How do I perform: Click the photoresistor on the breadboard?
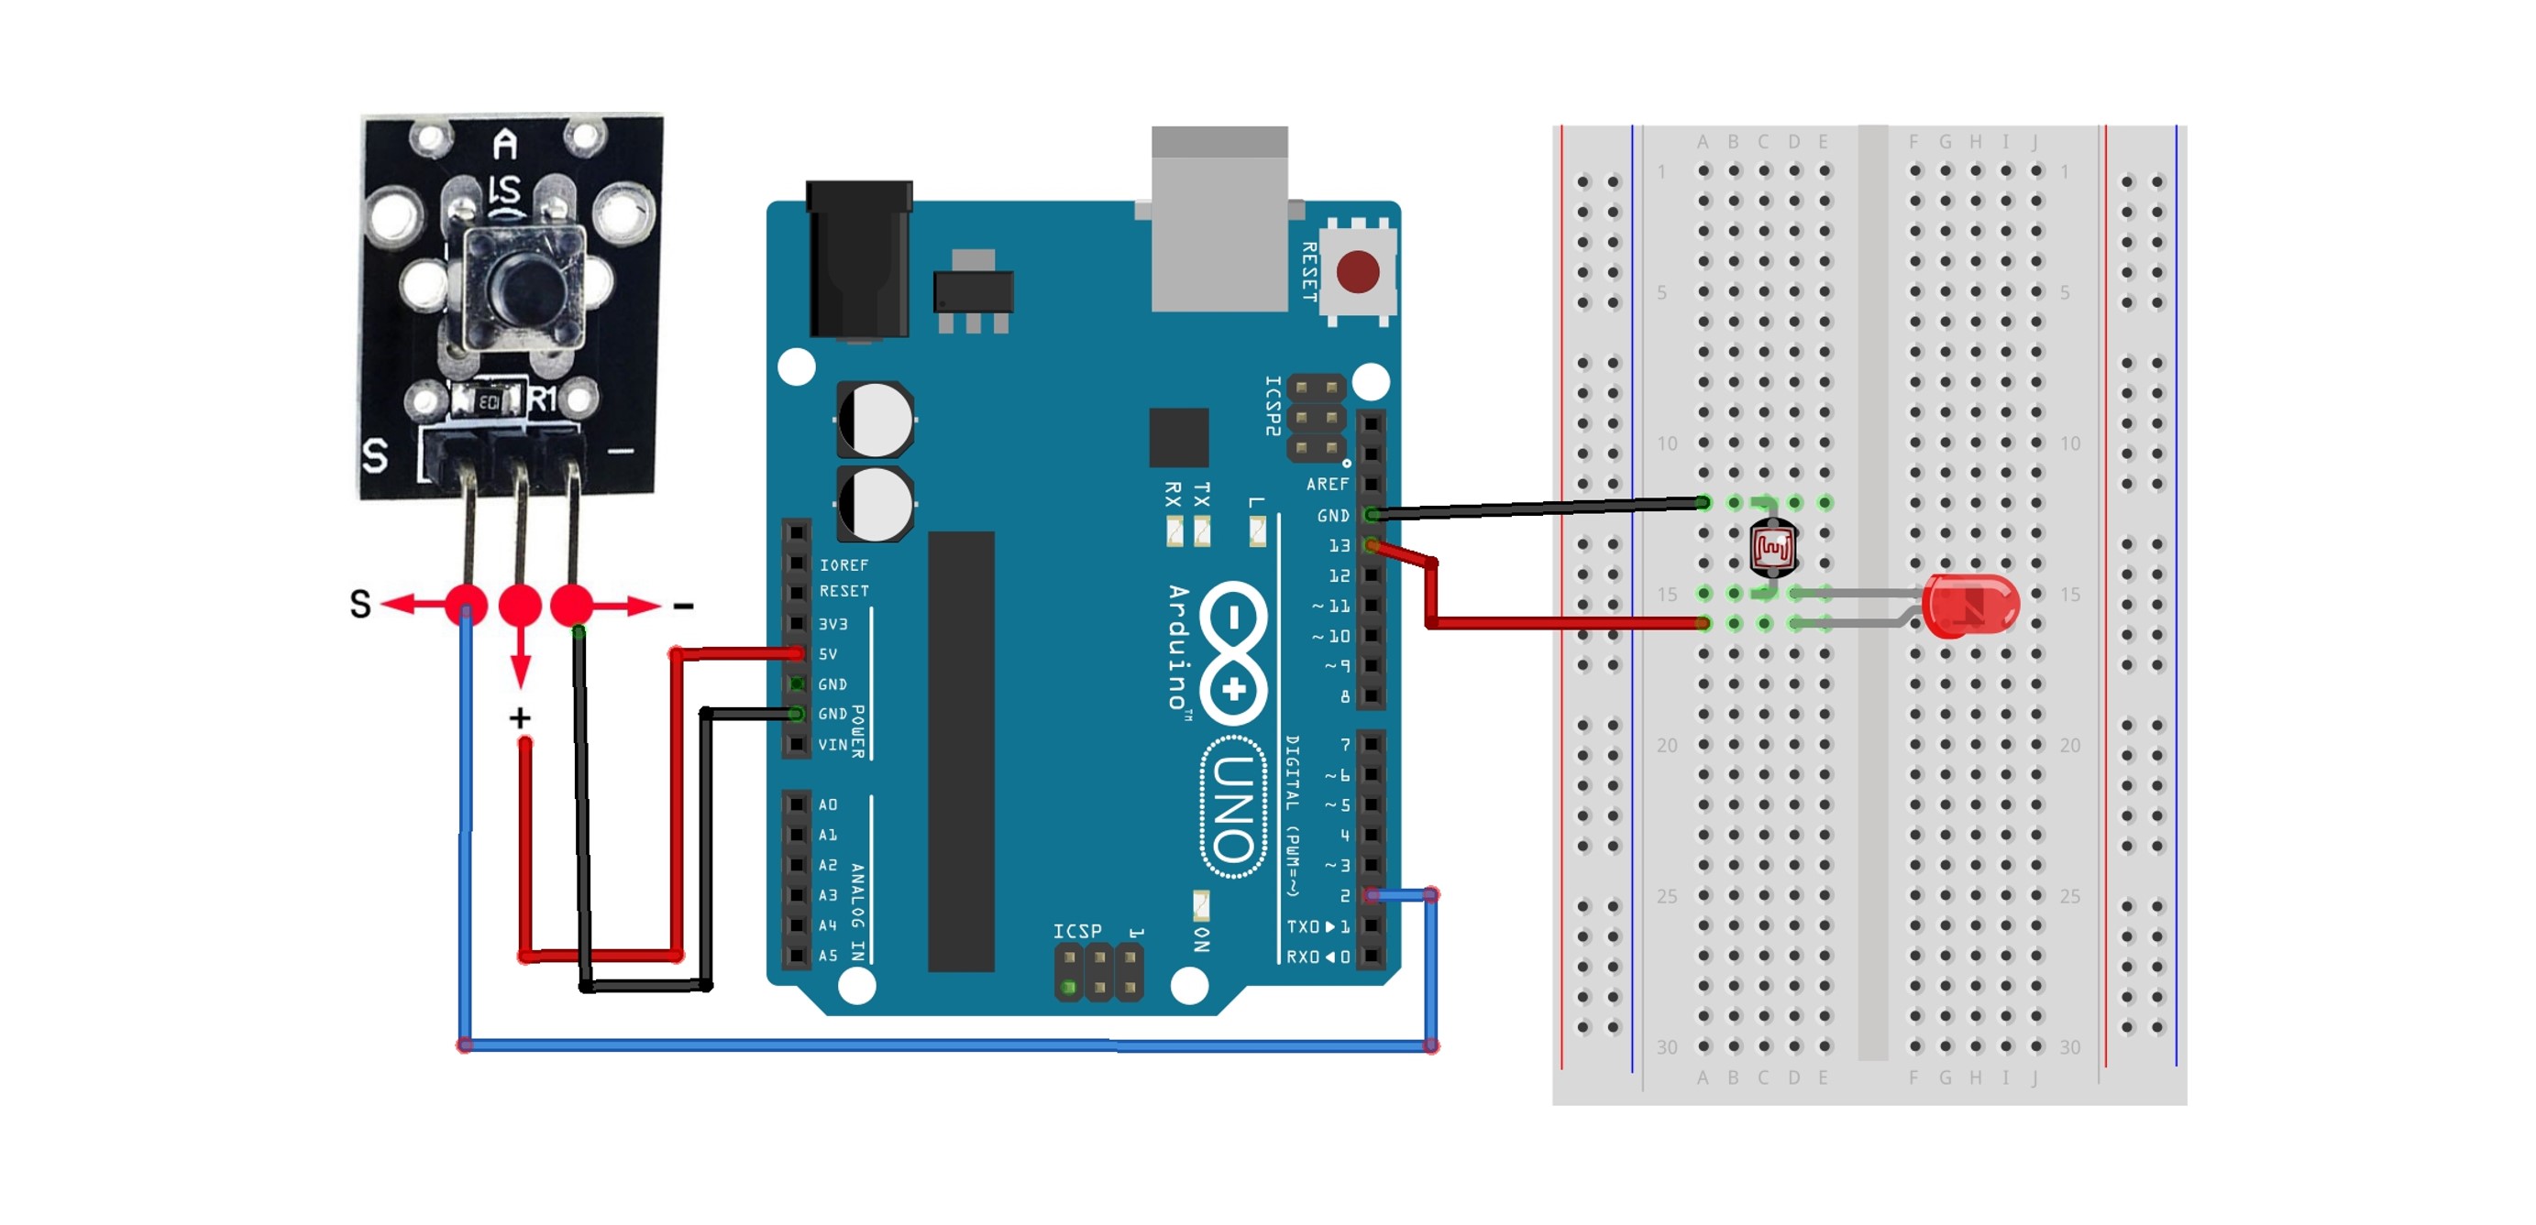point(1773,547)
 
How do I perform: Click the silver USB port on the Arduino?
point(1218,222)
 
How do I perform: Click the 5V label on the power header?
point(828,654)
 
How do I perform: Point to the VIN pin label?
point(832,745)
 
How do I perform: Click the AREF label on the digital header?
point(1327,484)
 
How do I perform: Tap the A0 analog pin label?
point(828,804)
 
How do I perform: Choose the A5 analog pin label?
point(828,956)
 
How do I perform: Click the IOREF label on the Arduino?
point(843,564)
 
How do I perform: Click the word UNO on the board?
point(1233,807)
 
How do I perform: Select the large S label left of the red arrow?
point(361,604)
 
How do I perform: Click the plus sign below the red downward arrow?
point(520,718)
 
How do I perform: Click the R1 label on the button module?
point(544,399)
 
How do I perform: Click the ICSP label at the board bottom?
point(1077,931)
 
